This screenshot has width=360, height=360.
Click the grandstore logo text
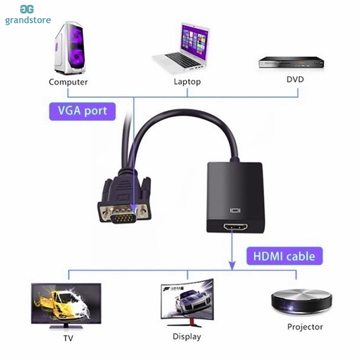28,20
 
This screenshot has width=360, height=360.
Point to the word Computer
68,82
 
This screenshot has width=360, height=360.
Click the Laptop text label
187,82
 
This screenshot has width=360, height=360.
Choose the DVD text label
295,80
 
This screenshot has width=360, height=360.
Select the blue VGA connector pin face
124,218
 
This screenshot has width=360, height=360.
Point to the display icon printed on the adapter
236,210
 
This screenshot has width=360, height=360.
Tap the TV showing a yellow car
66,303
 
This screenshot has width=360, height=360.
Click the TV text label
68,338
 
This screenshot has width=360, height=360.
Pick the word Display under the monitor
187,336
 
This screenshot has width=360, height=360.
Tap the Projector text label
305,327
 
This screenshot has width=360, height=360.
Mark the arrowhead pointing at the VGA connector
133,207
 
